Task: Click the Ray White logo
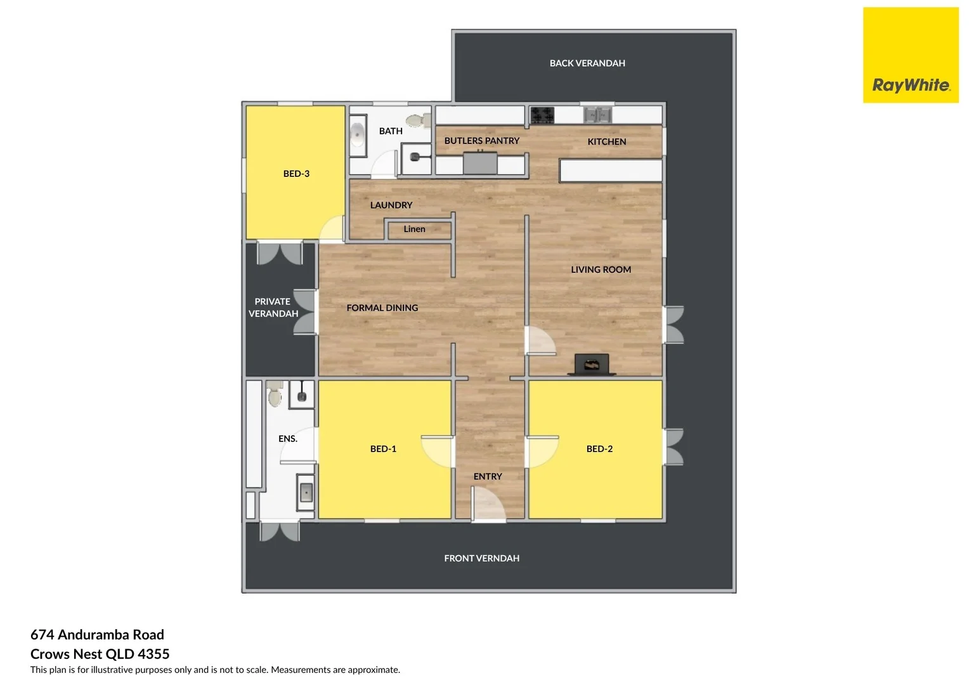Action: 911,56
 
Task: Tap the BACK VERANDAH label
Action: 587,63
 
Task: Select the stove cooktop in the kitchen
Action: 542,115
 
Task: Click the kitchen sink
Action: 597,115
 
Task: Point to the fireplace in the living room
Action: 592,365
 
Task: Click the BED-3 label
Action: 296,174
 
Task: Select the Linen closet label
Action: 414,229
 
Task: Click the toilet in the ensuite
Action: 275,394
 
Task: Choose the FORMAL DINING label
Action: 382,308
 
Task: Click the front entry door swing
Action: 488,504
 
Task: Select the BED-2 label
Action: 599,449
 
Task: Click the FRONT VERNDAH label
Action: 481,559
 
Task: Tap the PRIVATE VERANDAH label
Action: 273,308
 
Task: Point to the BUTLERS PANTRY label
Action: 481,141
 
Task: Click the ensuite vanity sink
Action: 306,492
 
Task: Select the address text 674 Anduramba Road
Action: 97,635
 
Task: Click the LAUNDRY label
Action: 391,205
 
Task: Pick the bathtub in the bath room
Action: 358,134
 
